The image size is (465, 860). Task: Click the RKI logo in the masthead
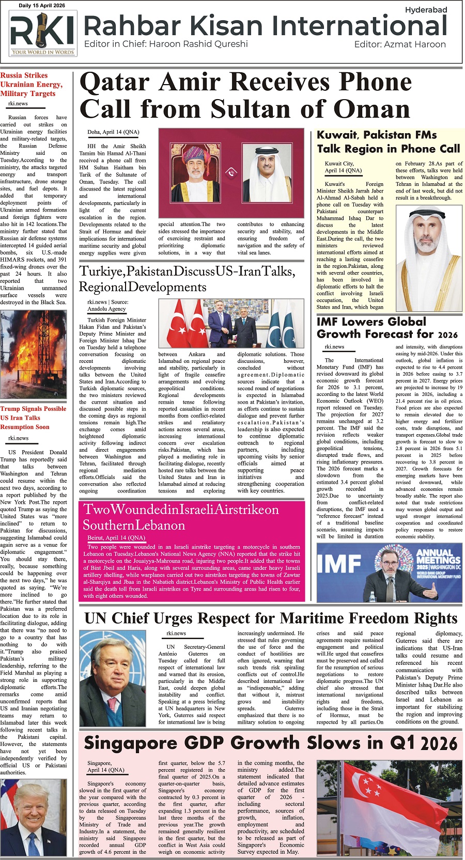[43, 34]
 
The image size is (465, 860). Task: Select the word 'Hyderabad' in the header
[426, 10]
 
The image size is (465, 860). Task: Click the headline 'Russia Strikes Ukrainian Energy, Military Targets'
[32, 84]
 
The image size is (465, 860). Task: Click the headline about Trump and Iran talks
[34, 418]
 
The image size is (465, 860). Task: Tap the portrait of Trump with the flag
[34, 817]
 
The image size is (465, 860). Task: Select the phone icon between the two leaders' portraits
[231, 172]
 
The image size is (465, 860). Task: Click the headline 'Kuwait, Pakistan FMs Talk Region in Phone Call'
[388, 142]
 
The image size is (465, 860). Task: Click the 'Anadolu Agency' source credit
[107, 309]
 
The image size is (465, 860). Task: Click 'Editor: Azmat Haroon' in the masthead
[400, 44]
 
